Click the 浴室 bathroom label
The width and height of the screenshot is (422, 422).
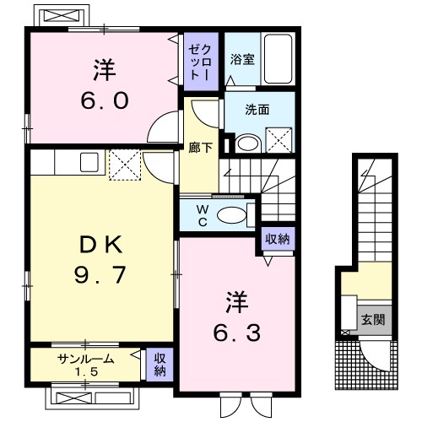[242, 59]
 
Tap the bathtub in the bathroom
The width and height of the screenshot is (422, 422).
[278, 59]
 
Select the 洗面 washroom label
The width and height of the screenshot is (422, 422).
[257, 110]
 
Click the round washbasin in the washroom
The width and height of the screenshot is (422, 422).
[248, 143]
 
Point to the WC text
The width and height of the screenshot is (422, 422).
[203, 215]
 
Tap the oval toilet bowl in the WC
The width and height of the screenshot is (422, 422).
[232, 215]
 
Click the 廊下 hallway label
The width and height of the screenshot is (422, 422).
[200, 148]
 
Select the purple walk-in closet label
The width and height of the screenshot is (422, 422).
[200, 62]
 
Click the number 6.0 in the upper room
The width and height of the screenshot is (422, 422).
[105, 101]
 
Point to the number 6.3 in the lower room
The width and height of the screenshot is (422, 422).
[236, 333]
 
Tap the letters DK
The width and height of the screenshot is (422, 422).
[101, 245]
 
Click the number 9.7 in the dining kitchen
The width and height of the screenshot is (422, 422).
[100, 275]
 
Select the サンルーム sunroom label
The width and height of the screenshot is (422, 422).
[86, 360]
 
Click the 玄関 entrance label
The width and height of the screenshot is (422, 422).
[373, 320]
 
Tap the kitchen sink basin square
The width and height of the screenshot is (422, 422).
[89, 162]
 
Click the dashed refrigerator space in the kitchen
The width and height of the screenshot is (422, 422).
[125, 165]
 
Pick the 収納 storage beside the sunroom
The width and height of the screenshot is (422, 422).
[160, 365]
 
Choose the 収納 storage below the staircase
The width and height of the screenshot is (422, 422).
[278, 239]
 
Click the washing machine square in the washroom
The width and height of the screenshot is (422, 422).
[279, 140]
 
